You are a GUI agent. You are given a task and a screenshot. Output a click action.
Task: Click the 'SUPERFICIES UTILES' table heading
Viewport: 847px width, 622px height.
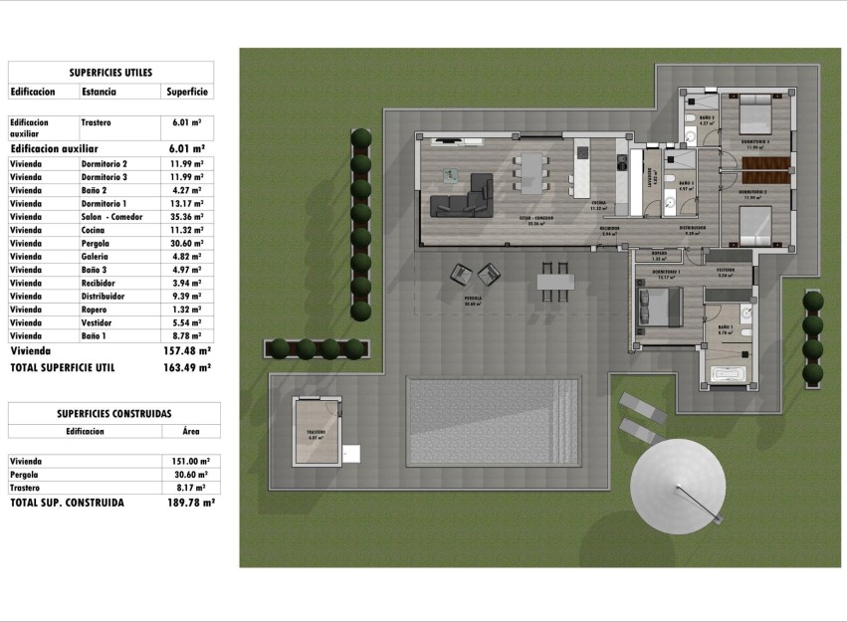coord(110,72)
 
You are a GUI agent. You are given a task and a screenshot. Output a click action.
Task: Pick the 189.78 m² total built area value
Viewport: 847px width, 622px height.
coord(191,503)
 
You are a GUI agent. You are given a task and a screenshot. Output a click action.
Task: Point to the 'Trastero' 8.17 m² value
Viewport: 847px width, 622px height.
coord(190,488)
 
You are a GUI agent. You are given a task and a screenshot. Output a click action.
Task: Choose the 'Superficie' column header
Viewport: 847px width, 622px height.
coord(186,92)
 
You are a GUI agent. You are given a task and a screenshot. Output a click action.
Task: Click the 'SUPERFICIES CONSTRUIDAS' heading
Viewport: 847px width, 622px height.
coord(113,412)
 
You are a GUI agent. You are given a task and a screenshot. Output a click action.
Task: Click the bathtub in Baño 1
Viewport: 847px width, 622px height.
coord(734,375)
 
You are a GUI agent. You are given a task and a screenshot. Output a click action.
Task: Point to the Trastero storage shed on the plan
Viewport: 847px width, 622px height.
coord(317,430)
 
